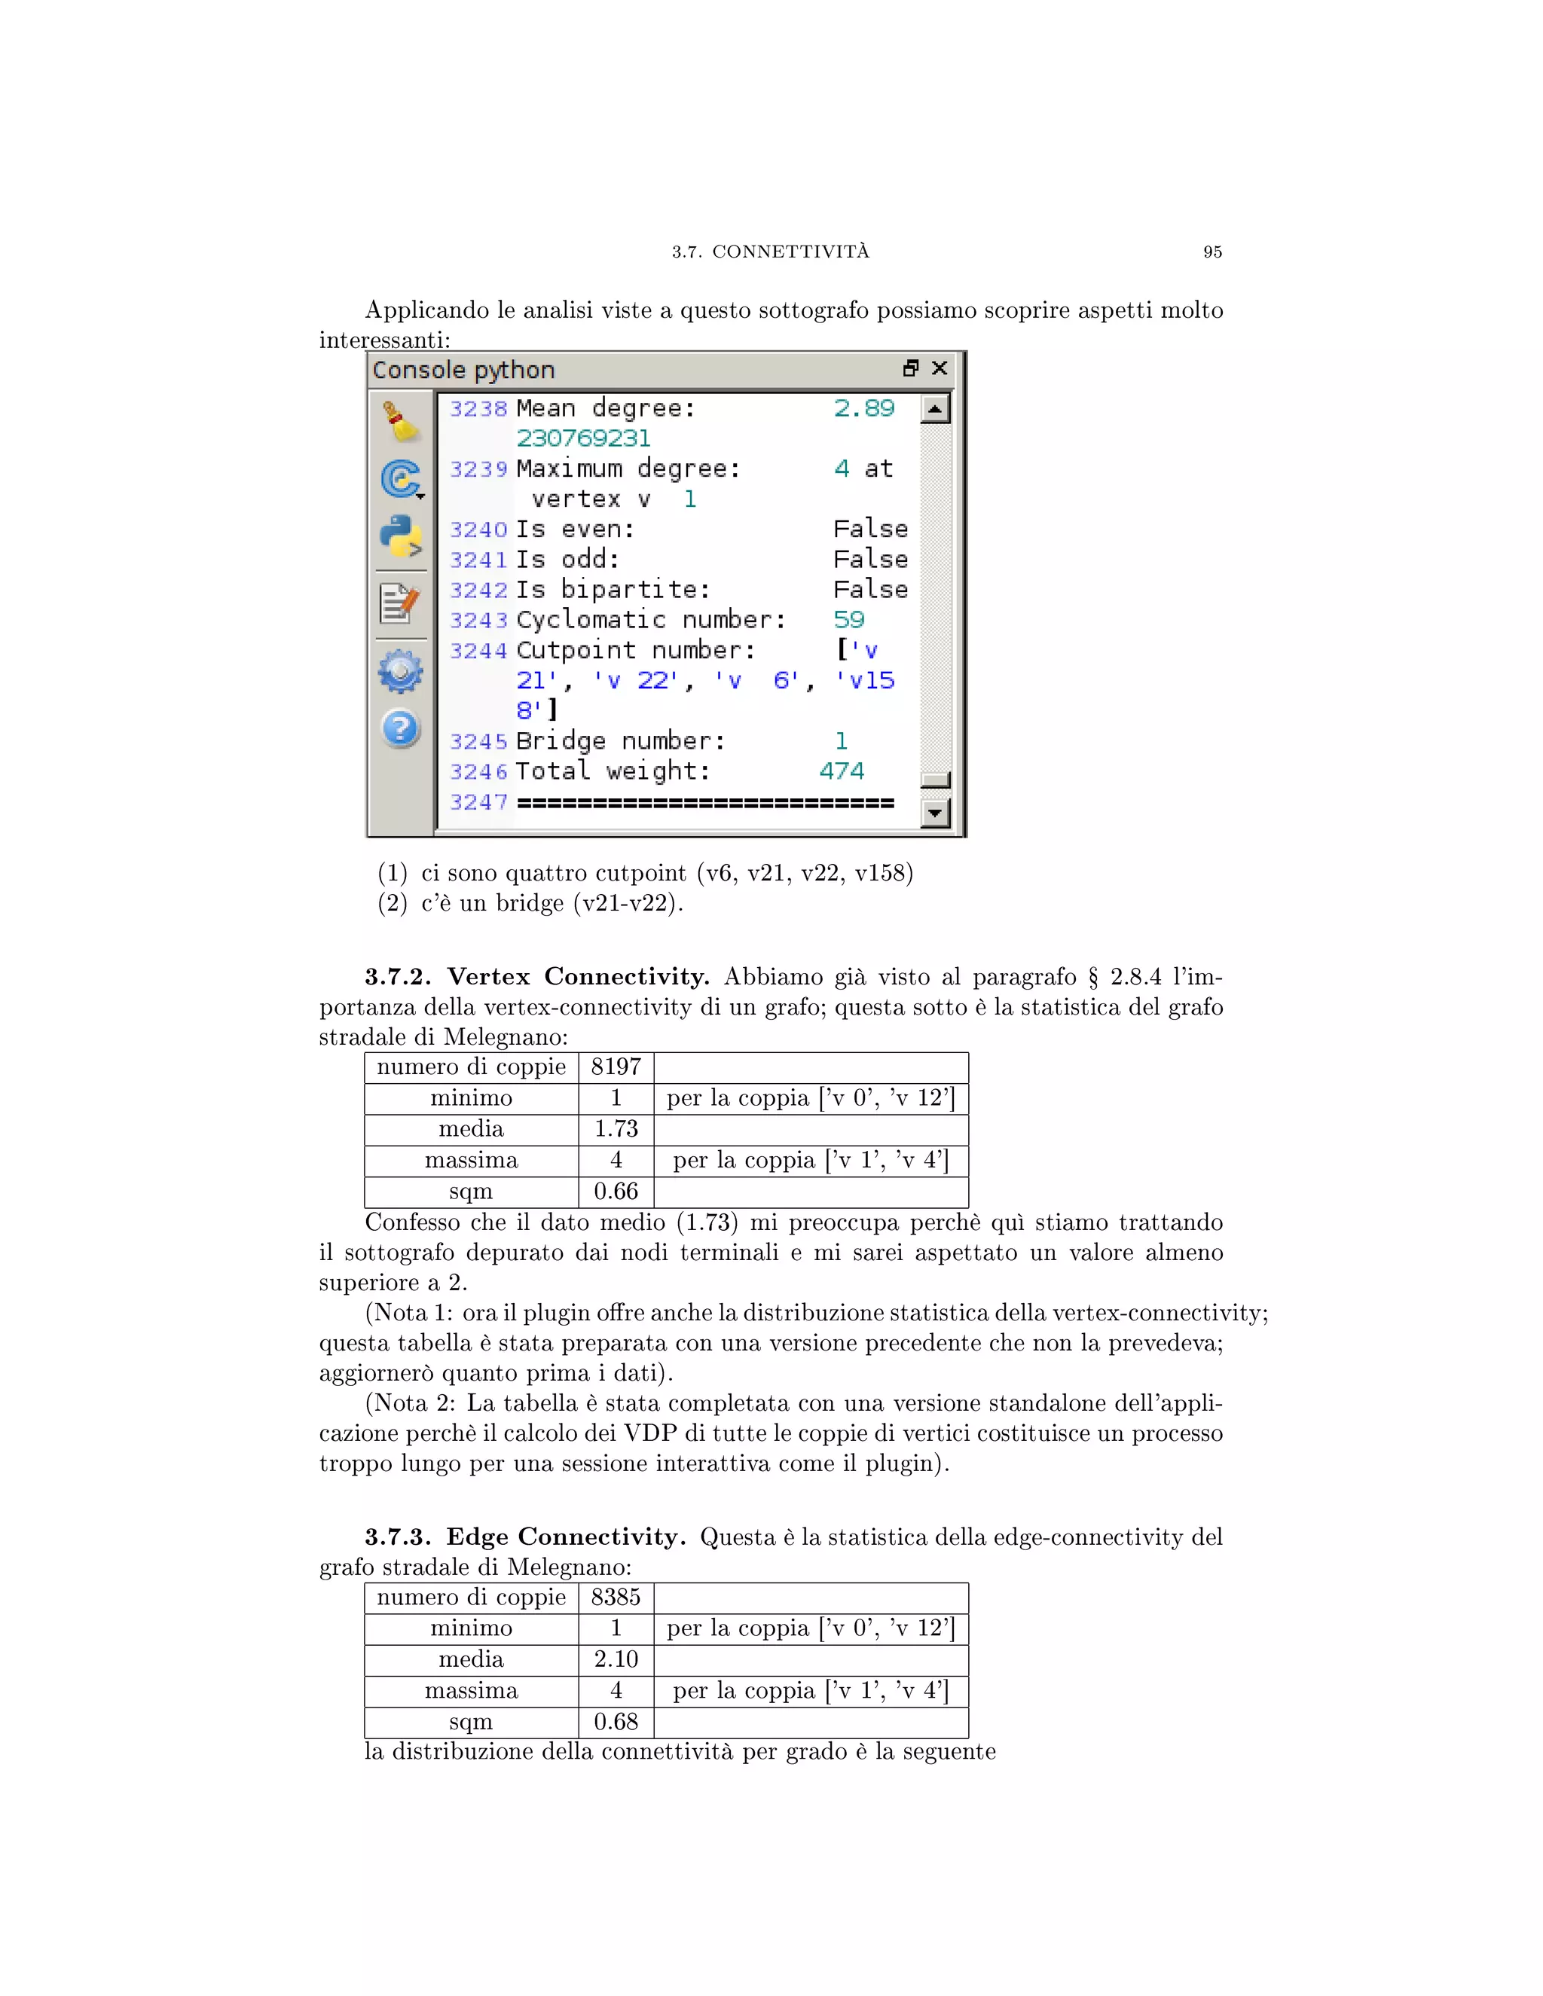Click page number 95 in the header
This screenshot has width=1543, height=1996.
click(1212, 252)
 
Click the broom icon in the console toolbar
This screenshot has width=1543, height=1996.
click(400, 421)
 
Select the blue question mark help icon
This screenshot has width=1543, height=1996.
click(400, 729)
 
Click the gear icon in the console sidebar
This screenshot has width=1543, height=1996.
click(400, 672)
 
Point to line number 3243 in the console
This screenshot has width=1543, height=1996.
click(478, 621)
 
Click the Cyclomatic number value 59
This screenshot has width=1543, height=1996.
click(848, 620)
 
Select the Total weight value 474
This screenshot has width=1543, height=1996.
click(841, 771)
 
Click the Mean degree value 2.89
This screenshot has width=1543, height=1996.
click(864, 408)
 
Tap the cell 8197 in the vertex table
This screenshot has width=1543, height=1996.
click(616, 1067)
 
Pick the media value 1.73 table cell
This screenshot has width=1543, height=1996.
click(616, 1130)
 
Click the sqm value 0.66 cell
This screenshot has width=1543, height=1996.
click(616, 1192)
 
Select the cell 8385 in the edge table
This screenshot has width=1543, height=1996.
click(616, 1598)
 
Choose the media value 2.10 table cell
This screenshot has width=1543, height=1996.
click(616, 1659)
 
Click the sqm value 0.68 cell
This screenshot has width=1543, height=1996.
click(616, 1722)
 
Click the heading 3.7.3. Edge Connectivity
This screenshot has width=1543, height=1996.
click(524, 1537)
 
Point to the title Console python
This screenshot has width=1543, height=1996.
click(463, 370)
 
